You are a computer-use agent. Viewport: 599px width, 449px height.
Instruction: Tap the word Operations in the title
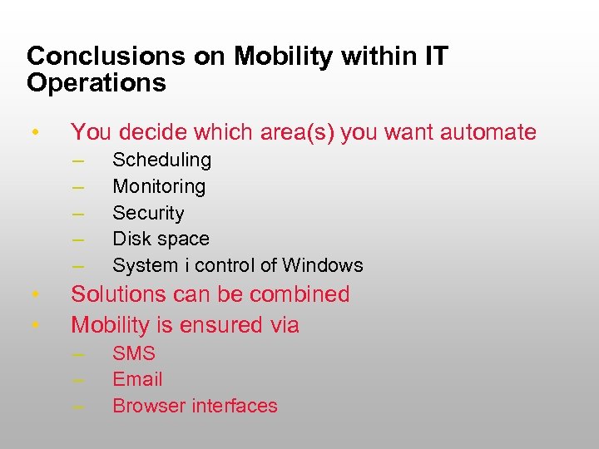coord(97,83)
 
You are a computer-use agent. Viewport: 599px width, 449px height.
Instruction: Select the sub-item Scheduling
coord(161,160)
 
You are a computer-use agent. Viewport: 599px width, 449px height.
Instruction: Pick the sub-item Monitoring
coord(159,186)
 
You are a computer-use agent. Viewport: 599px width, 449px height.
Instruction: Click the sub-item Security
coord(148,213)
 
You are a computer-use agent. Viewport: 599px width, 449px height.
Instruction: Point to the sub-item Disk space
coord(161,239)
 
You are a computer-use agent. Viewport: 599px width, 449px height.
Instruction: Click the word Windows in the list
coord(323,265)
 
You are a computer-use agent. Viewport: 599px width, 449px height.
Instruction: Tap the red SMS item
coord(134,353)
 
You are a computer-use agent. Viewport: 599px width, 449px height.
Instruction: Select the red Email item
coord(137,379)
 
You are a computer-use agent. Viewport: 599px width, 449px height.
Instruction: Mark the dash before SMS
coord(79,354)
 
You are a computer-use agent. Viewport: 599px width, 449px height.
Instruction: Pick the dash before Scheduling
coord(79,160)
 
